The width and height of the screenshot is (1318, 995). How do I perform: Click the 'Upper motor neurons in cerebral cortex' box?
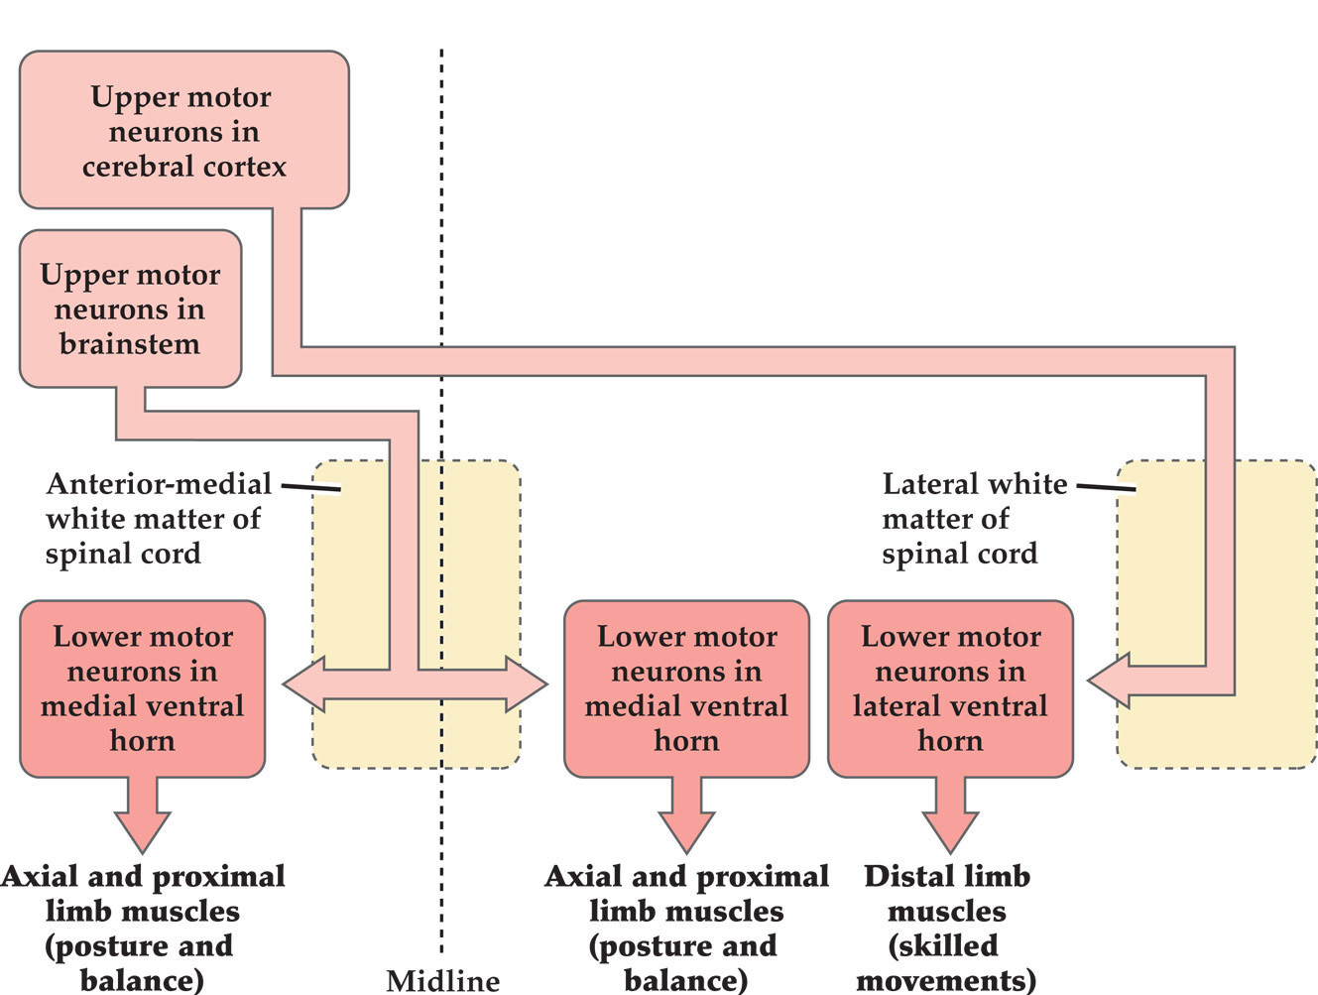183,130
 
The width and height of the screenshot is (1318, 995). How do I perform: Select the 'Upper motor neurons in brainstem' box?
130,309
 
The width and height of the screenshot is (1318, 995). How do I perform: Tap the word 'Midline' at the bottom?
442,980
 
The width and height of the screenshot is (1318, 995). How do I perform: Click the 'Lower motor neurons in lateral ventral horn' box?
950,687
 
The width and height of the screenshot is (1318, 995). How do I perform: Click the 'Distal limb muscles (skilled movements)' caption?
946,928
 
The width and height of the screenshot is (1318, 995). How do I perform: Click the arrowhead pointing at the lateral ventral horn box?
1109,681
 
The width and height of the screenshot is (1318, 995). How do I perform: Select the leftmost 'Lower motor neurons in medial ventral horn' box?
142,687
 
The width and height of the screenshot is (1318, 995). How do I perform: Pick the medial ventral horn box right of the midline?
686,687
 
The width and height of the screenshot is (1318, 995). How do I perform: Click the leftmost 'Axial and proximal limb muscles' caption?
143,928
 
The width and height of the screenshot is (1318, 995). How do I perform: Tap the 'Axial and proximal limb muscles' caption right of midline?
686,928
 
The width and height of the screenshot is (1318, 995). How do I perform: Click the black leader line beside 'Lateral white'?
1106,487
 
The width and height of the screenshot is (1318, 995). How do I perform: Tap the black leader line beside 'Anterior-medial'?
310,487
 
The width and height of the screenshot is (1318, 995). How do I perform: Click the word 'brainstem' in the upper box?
130,343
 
